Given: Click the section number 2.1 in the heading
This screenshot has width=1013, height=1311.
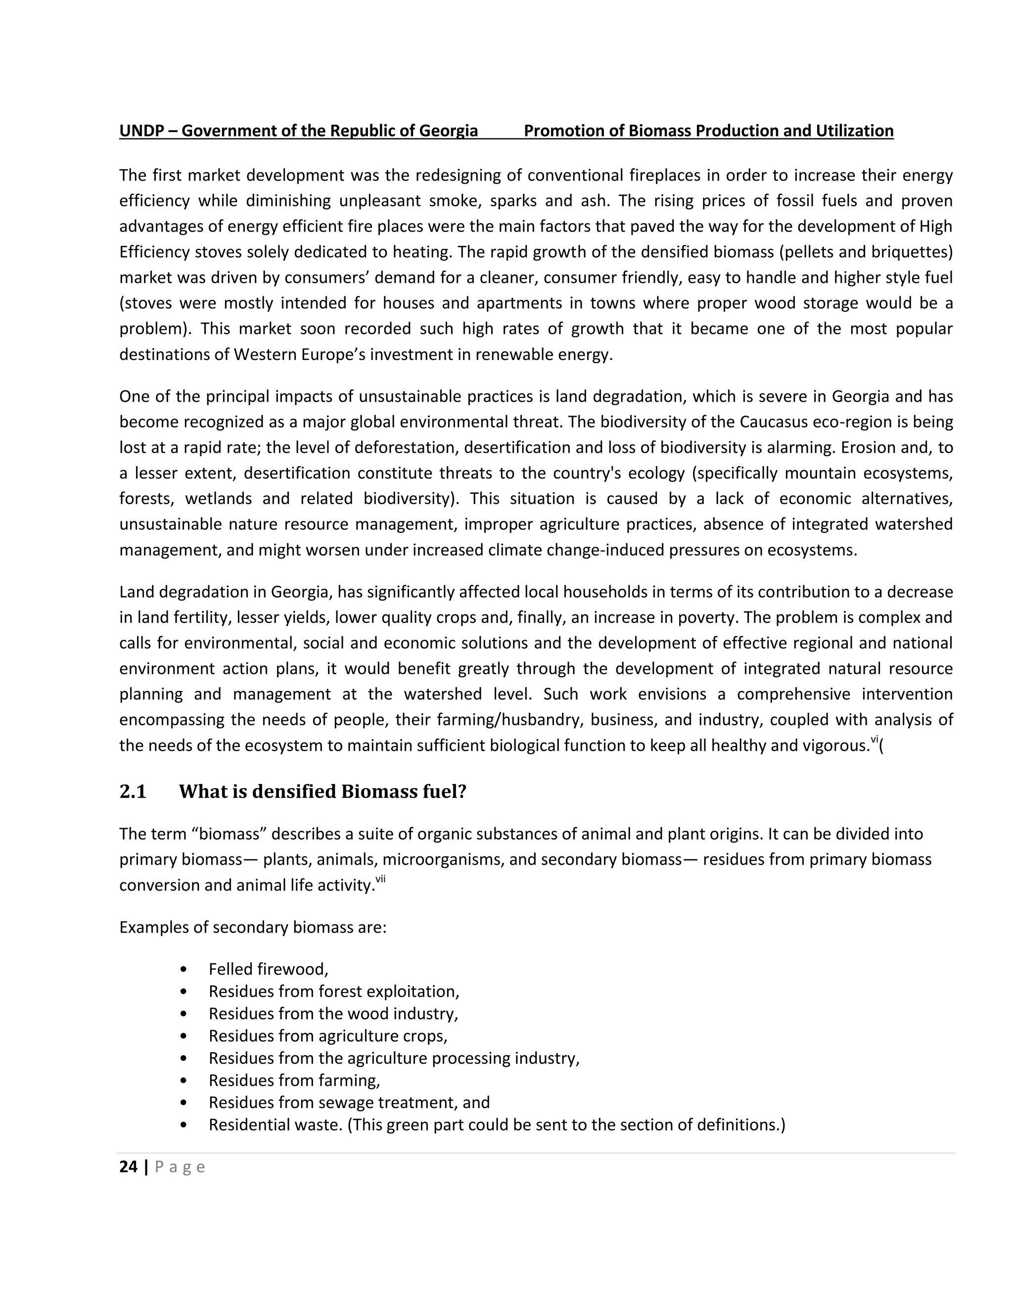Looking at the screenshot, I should (133, 793).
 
